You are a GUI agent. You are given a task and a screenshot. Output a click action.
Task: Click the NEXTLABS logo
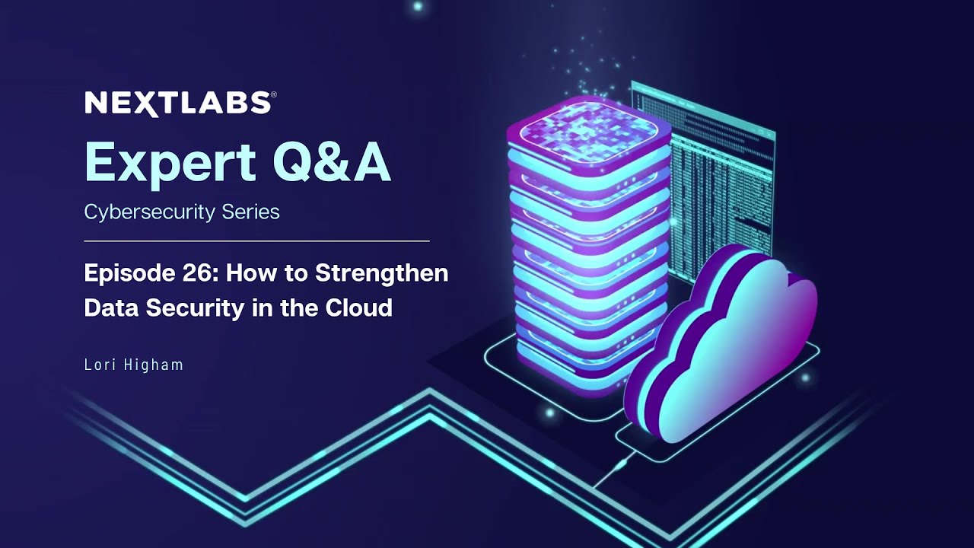(177, 103)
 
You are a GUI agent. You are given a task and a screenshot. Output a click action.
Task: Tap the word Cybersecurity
(139, 212)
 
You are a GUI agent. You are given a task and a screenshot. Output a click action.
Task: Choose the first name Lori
(97, 365)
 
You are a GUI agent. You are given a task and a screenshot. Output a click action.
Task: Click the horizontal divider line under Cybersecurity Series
(256, 241)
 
